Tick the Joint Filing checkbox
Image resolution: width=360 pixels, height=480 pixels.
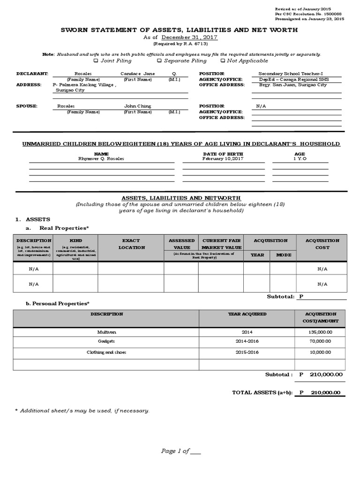pos(96,60)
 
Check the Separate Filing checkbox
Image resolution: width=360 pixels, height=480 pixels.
pos(159,60)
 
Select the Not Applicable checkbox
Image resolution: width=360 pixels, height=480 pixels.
pos(223,60)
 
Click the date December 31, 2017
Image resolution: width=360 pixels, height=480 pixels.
pos(189,37)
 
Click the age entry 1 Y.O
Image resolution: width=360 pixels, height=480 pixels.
pos(300,158)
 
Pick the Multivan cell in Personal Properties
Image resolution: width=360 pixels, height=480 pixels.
pos(106,331)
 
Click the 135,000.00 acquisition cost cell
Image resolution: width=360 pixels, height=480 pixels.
pos(320,331)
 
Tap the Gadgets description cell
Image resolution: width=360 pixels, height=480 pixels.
pos(106,342)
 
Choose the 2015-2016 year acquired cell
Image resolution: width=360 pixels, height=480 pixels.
pos(247,352)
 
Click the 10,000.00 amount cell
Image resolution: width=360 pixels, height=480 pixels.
pos(320,352)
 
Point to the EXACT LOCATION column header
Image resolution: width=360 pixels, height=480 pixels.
pos(131,244)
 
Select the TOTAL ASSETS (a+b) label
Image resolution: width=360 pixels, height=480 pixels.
pos(262,393)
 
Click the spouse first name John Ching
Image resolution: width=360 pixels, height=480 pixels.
pos(138,106)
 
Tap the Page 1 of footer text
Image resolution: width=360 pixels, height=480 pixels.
pos(180,451)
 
